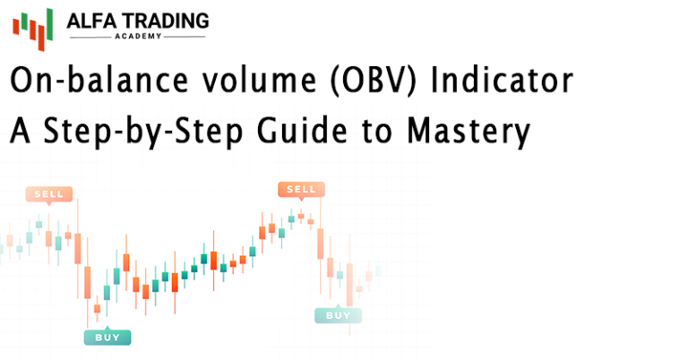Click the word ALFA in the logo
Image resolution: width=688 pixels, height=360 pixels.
[x=91, y=21]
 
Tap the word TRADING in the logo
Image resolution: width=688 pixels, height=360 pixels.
[x=166, y=21]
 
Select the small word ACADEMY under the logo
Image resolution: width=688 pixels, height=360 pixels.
[x=138, y=37]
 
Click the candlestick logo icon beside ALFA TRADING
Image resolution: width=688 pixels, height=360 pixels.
[x=33, y=30]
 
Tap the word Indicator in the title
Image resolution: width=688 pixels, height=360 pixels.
[x=502, y=81]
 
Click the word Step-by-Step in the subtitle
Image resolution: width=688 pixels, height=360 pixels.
[x=143, y=131]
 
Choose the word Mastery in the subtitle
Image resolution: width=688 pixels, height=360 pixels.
[x=469, y=131]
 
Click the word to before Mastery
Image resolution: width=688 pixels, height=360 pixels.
[x=377, y=132]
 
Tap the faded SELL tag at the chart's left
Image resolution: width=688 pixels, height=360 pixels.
[x=48, y=193]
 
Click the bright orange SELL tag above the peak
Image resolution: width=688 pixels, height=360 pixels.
[x=301, y=190]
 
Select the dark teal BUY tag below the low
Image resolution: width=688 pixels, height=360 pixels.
[x=107, y=337]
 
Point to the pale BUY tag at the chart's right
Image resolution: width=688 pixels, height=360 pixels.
[x=339, y=314]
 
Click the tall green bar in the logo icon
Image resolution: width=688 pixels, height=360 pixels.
[x=49, y=24]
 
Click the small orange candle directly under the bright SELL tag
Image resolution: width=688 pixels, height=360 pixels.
[x=301, y=216]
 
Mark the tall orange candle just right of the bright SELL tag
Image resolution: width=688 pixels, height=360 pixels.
[x=321, y=244]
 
